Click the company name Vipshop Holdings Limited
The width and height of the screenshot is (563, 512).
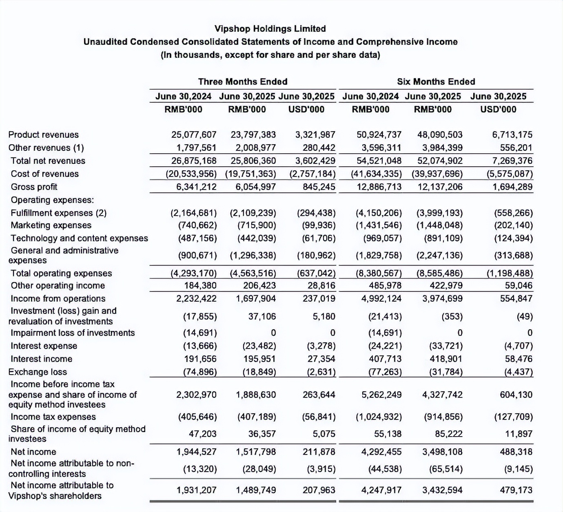pos(270,29)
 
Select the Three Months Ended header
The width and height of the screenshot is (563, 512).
pos(243,82)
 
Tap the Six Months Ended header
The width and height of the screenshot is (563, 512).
pos(436,82)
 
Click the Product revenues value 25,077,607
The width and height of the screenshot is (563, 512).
pos(194,135)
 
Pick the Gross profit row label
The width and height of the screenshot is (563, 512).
pos(34,187)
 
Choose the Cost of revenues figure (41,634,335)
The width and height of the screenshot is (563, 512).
pos(376,174)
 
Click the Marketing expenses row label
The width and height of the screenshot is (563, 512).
pos(51,225)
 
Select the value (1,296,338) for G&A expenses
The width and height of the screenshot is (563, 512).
pos(253,256)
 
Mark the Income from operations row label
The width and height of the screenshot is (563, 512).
pos(58,298)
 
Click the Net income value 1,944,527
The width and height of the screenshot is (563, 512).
pos(196,452)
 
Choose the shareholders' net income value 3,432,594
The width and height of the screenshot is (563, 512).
pos(442,490)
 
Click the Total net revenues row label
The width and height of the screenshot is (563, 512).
pos(48,161)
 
